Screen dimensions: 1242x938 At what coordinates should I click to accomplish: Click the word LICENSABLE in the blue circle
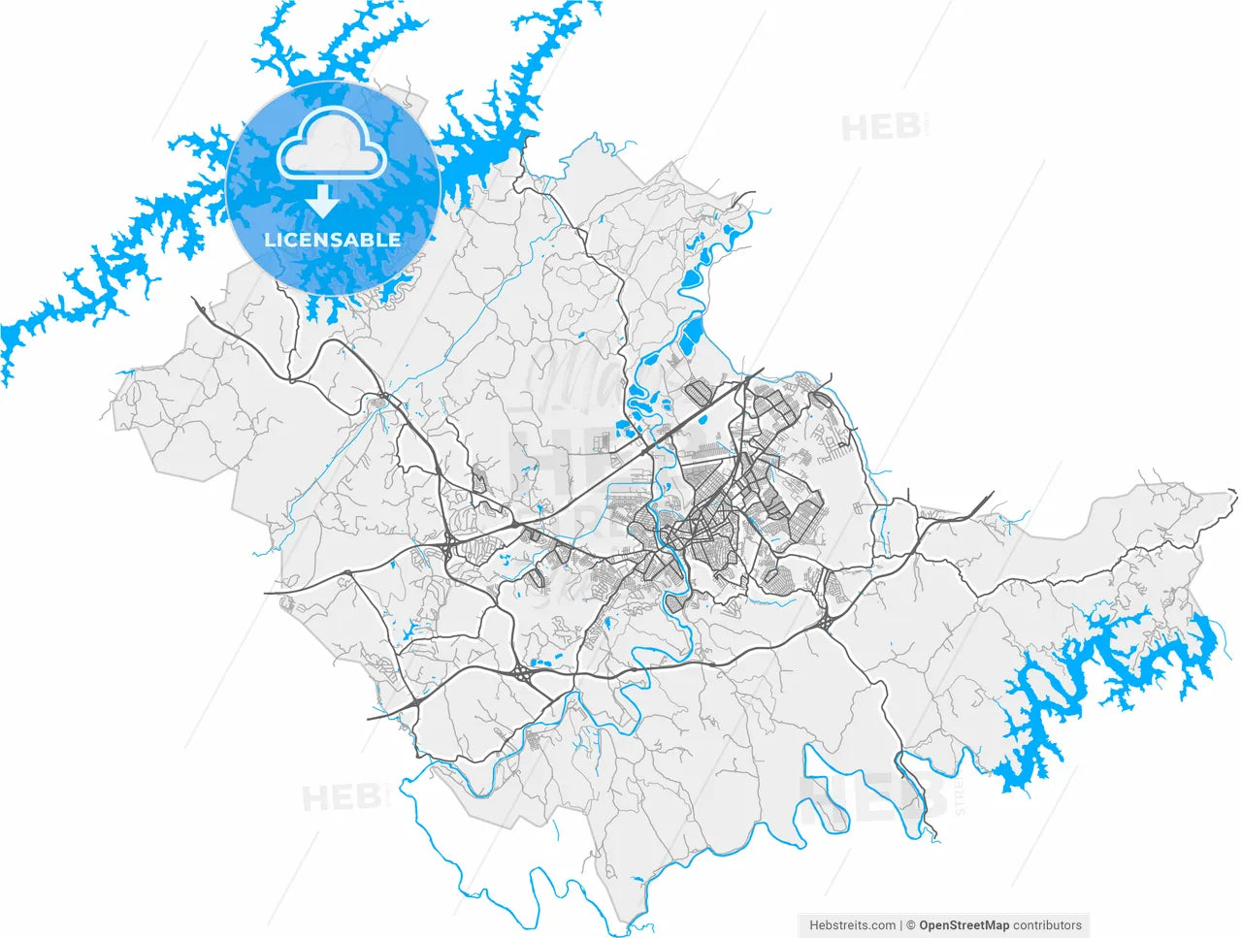(332, 239)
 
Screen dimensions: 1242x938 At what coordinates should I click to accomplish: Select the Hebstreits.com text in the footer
(852, 925)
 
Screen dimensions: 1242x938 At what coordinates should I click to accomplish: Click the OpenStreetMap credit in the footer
(964, 925)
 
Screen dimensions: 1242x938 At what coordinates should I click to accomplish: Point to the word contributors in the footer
(1047, 925)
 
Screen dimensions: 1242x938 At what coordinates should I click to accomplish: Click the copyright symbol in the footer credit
(910, 925)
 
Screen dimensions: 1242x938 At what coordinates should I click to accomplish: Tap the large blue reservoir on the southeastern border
(1116, 679)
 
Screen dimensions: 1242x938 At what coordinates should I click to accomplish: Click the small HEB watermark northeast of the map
(880, 127)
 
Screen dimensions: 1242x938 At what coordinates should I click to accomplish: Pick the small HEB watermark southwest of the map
(341, 798)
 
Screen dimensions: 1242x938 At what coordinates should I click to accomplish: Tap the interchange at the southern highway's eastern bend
(828, 622)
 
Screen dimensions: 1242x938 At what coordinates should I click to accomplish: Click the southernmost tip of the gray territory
(632, 922)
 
